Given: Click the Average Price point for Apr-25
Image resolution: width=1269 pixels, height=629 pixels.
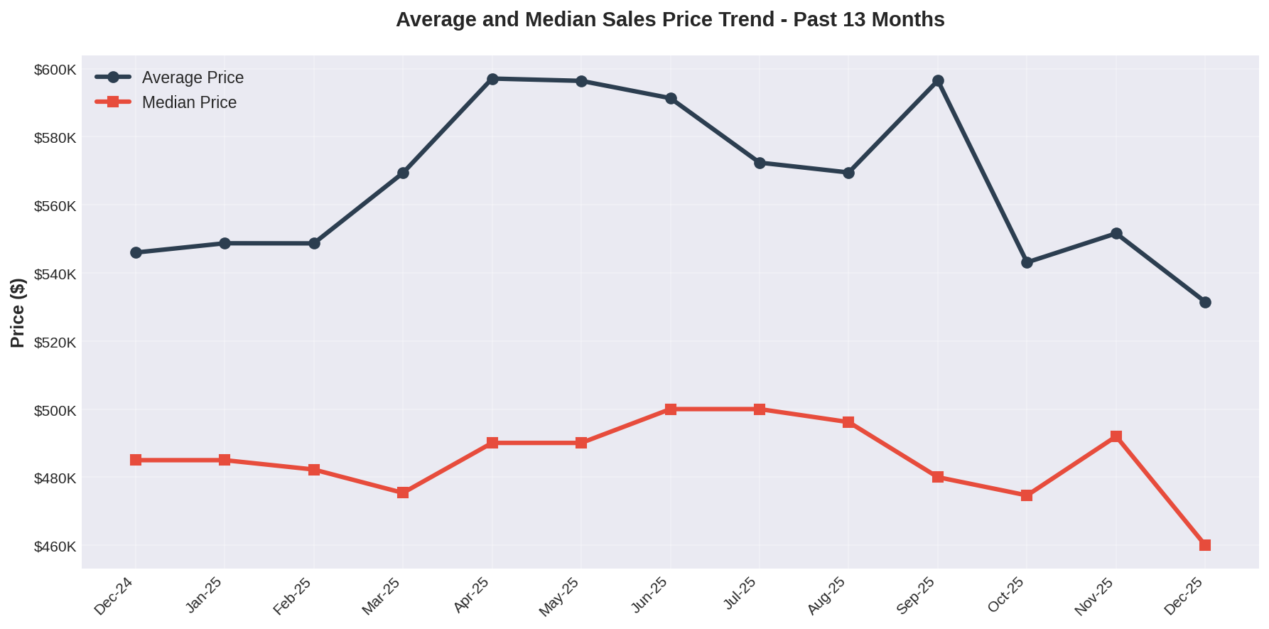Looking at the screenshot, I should pos(492,79).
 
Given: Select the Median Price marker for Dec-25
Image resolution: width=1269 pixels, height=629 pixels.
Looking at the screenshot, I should pos(1205,545).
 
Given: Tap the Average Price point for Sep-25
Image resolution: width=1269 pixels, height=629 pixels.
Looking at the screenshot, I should pos(938,81).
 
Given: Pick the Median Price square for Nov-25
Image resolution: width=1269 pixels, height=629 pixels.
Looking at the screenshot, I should pos(1116,436).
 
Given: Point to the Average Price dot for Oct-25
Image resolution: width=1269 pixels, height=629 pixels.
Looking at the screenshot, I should pos(1027,262).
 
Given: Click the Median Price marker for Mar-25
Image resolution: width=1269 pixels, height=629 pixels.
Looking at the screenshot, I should pos(403,493).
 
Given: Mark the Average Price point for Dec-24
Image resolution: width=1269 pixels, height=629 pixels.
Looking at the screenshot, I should pos(136,252).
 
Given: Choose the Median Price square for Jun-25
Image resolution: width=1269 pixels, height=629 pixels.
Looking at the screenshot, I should pos(671,409).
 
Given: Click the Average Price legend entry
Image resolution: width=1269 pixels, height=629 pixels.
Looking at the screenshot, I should pos(192,77).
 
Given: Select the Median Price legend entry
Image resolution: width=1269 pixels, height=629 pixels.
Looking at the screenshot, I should pos(189,102).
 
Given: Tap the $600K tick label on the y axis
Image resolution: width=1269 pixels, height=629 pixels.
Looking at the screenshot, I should pos(55,70).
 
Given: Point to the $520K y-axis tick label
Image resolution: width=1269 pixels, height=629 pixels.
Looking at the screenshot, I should pos(55,343).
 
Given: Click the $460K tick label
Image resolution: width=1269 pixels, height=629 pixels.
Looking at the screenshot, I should pos(55,547).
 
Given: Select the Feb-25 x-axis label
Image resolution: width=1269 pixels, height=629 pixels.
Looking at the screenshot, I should pos(293,596).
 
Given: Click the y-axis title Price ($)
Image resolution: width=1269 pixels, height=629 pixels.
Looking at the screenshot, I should pos(18,313).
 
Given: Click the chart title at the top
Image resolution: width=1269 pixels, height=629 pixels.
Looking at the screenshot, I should pos(670,20).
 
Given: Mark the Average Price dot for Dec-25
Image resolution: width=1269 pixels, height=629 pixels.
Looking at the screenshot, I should pos(1205,302).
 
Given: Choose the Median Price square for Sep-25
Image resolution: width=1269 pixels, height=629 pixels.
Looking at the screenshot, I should pos(938,477).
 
